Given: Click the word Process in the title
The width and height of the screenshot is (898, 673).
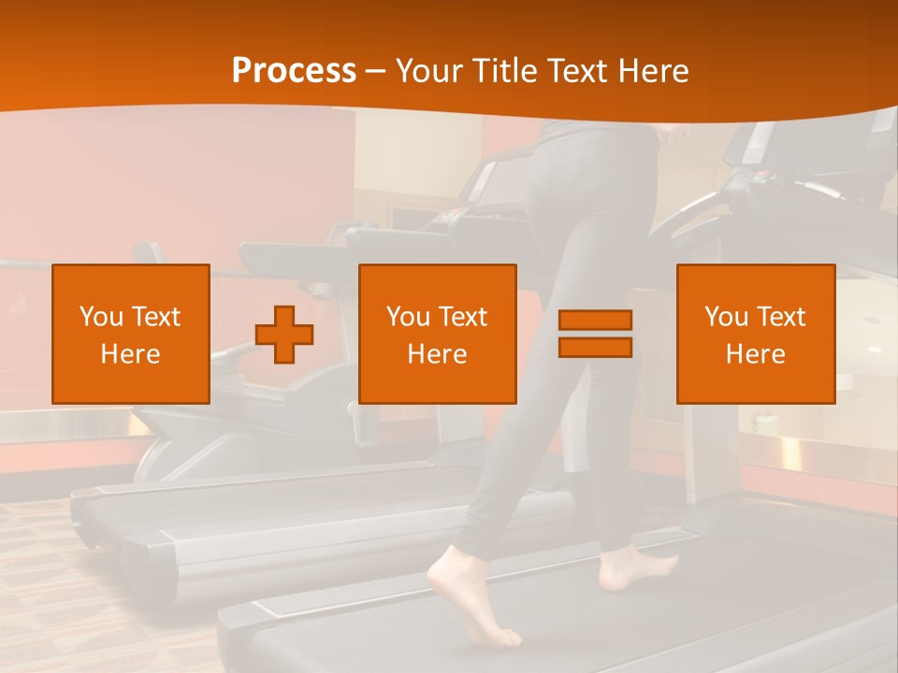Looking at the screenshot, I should click(x=294, y=71).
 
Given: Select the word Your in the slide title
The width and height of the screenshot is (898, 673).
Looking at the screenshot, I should click(x=429, y=71).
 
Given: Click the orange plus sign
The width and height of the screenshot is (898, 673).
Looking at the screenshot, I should click(x=284, y=335).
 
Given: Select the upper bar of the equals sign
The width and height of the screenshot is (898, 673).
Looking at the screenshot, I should click(x=595, y=320).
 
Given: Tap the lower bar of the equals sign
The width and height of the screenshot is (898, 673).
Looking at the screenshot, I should click(x=595, y=347).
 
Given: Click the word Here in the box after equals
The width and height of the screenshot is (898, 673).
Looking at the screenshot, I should click(x=755, y=354).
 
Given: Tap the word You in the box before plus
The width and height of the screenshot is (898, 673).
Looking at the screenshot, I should click(x=101, y=317).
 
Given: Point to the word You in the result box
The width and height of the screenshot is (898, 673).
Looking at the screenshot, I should click(x=726, y=317).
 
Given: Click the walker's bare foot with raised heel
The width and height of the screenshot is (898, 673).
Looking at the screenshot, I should click(x=472, y=598).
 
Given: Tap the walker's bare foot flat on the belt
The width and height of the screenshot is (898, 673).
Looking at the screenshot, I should click(x=636, y=568).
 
